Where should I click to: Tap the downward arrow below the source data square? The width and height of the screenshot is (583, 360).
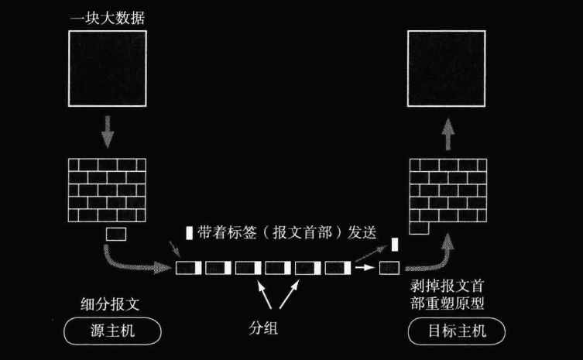(x=108, y=134)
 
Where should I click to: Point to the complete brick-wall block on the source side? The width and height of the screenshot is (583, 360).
(x=108, y=190)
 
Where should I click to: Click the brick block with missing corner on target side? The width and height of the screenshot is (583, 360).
(x=447, y=194)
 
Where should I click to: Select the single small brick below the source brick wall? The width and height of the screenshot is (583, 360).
(x=115, y=233)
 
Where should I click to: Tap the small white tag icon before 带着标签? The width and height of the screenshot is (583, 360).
(x=189, y=231)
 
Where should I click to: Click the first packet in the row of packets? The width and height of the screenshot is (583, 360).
(x=188, y=268)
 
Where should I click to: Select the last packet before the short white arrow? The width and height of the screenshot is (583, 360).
(x=338, y=268)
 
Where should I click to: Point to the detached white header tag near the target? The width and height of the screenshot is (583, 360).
(x=395, y=245)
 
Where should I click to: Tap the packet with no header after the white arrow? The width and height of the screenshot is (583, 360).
(x=388, y=268)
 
